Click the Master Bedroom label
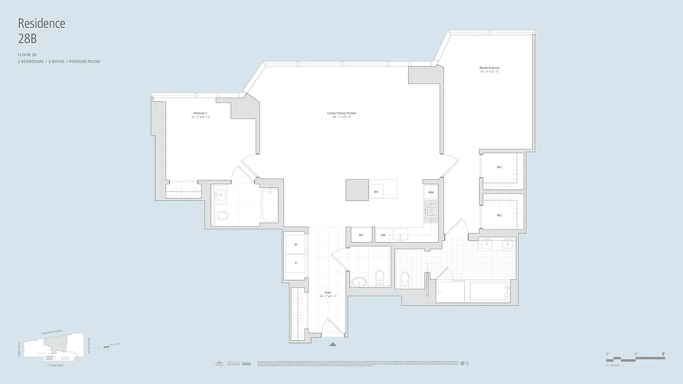(x=489, y=68)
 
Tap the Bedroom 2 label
(x=200, y=113)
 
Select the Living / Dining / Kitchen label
(x=341, y=113)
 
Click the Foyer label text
(x=328, y=292)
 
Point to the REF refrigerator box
(x=361, y=235)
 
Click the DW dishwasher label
(x=383, y=235)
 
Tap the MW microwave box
(x=431, y=192)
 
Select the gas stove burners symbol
(x=431, y=212)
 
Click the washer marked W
(x=295, y=244)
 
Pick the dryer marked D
(x=295, y=263)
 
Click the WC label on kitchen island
(x=377, y=192)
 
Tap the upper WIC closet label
(x=500, y=167)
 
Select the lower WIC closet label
(x=500, y=216)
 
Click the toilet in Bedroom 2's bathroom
(x=221, y=215)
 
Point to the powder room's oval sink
(x=358, y=281)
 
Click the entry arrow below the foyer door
(x=333, y=344)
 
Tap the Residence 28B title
(x=41, y=31)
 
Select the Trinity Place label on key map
(x=56, y=365)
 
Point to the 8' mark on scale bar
(x=663, y=354)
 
